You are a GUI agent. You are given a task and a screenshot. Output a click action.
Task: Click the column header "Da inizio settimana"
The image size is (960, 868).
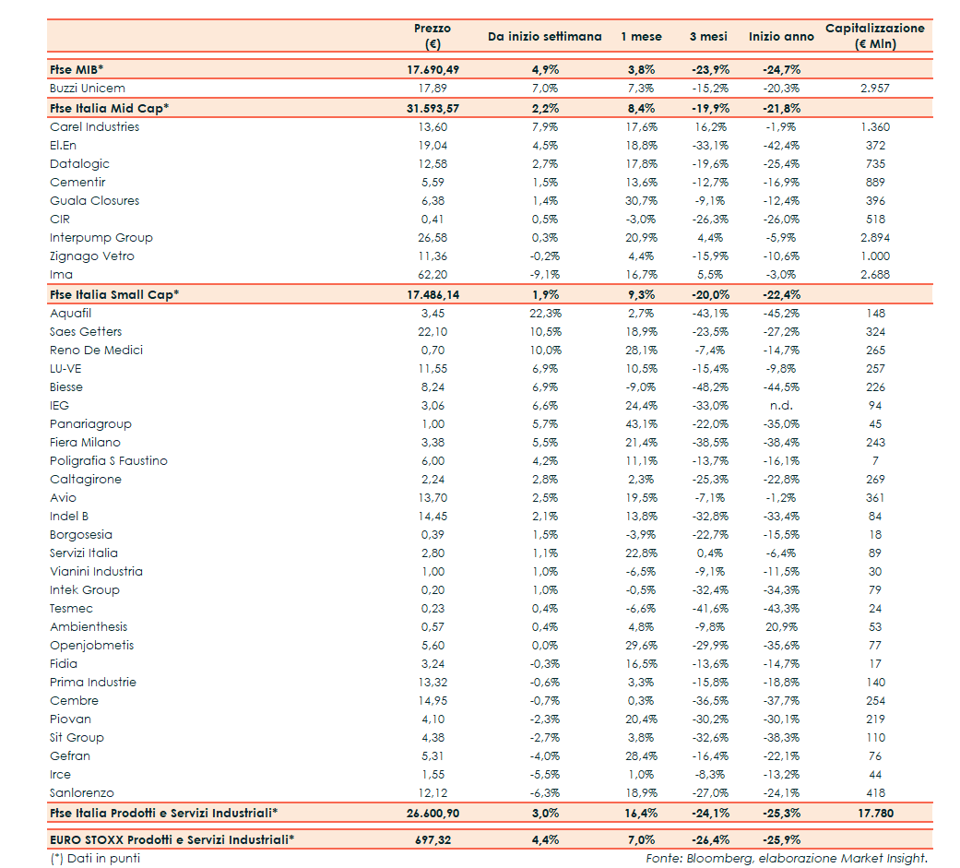pyautogui.click(x=544, y=37)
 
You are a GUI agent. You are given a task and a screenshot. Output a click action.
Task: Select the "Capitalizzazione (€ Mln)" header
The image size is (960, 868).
pyautogui.click(x=874, y=36)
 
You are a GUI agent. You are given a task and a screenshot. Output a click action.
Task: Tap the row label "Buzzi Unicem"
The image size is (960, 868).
pyautogui.click(x=88, y=89)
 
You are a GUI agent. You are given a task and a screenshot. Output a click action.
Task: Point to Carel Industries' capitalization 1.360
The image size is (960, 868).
pyautogui.click(x=874, y=127)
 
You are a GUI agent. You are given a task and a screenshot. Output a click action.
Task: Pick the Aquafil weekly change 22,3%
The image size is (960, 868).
pyautogui.click(x=545, y=314)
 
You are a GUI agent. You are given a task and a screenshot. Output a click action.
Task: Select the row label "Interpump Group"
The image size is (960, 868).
pyautogui.click(x=101, y=238)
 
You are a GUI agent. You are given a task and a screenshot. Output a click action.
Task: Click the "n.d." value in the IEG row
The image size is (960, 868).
pyautogui.click(x=781, y=406)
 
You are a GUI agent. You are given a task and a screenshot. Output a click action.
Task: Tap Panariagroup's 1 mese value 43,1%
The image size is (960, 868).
pyautogui.click(x=640, y=424)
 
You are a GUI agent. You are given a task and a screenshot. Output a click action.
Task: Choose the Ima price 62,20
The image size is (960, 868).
pyautogui.click(x=433, y=275)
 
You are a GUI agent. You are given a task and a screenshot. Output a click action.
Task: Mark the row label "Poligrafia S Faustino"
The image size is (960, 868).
pyautogui.click(x=109, y=461)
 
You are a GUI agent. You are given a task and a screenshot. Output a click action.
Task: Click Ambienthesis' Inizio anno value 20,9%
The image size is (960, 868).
pyautogui.click(x=781, y=627)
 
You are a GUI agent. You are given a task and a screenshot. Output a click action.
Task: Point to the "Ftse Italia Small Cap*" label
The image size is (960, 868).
pyautogui.click(x=114, y=294)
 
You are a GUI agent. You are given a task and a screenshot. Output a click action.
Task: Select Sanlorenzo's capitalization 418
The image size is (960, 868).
pyautogui.click(x=874, y=793)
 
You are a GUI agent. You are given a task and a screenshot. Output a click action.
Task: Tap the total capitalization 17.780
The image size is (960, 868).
pyautogui.click(x=874, y=813)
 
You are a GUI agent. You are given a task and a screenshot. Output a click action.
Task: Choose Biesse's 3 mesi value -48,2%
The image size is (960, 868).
pyautogui.click(x=709, y=387)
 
